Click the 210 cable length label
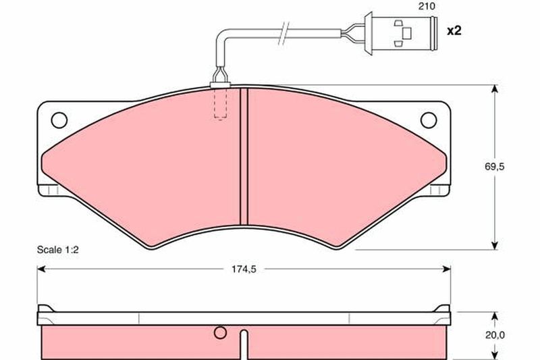pos(427,6)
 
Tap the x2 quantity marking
pos(454,31)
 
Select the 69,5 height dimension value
pos(495,167)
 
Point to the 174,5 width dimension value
pos(244,269)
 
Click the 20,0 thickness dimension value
pos(495,335)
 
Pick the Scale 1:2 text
pos(58,250)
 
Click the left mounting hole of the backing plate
pos(59,120)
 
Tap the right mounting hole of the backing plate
pos(429,120)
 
